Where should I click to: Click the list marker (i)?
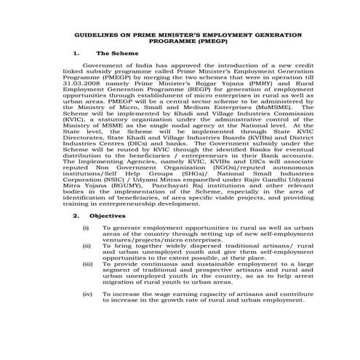click(x=86, y=228)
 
